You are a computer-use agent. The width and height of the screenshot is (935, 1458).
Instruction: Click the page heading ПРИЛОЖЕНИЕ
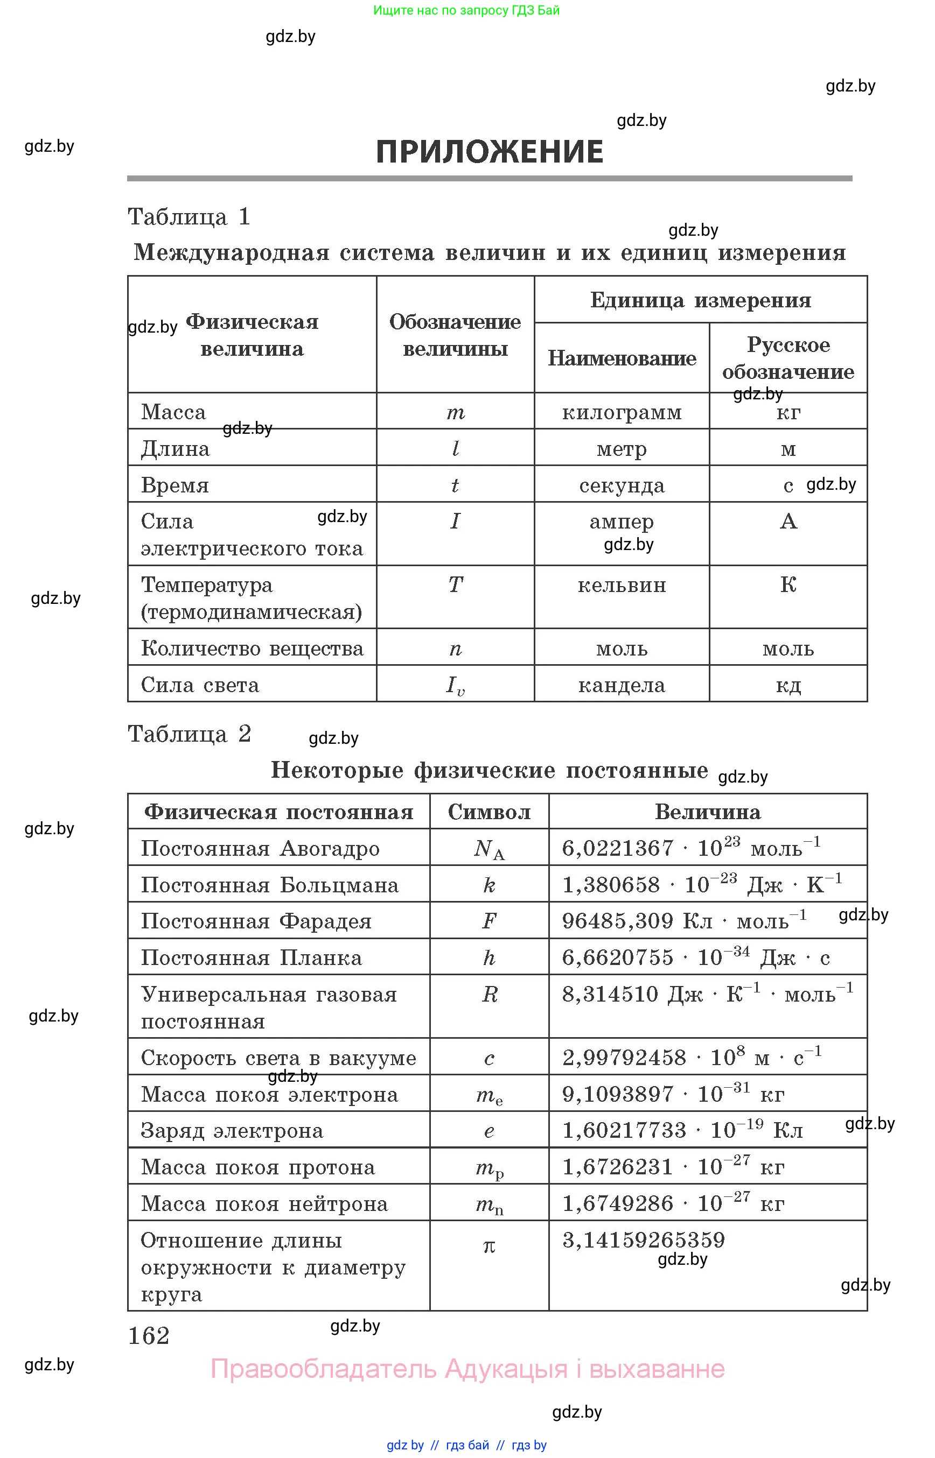pos(490,151)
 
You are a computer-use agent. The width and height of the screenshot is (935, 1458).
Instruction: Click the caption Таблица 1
pos(189,216)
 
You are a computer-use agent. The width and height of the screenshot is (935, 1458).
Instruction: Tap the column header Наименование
pos(622,358)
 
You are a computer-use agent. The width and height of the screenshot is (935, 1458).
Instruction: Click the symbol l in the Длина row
pos(455,448)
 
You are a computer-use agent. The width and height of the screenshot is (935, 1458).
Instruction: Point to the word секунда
pos(622,485)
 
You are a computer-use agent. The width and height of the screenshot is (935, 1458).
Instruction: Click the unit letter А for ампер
pos(788,521)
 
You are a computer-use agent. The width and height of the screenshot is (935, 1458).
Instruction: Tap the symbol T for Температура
pos(455,585)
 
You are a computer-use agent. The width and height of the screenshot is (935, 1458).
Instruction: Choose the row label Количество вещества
pos(252,649)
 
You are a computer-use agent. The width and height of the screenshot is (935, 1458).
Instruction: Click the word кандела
pos(622,685)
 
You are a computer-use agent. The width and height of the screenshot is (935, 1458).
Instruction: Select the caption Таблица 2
pos(189,734)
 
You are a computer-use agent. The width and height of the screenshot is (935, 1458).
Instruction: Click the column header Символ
pos(490,812)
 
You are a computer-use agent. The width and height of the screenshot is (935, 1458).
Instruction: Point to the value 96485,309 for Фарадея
pos(617,921)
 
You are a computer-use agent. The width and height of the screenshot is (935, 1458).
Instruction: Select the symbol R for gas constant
pos(490,995)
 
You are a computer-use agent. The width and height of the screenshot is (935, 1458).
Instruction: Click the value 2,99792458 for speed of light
pos(624,1058)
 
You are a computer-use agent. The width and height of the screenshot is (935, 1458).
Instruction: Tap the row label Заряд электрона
pos(232,1130)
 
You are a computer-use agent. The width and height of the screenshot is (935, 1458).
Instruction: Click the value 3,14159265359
pos(644,1239)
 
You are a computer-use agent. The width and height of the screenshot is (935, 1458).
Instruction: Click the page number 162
pos(149,1336)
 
